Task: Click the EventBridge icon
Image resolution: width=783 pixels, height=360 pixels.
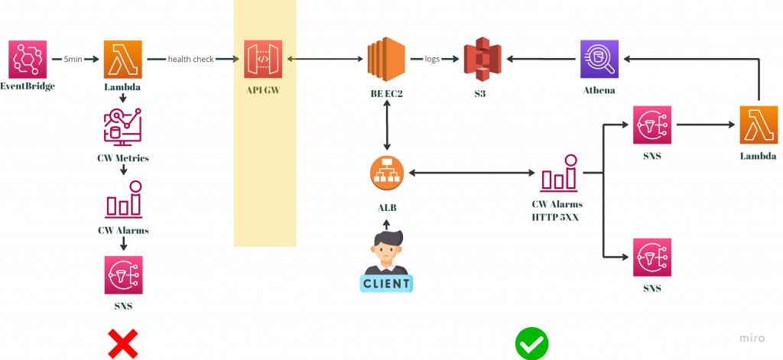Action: pyautogui.click(x=28, y=60)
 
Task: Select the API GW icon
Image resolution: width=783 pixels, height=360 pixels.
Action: pyautogui.click(x=263, y=60)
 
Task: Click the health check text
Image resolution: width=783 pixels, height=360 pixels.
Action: pyautogui.click(x=190, y=60)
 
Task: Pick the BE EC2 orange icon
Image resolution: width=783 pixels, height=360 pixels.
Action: pyautogui.click(x=386, y=60)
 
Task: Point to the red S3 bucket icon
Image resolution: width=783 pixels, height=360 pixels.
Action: pyautogui.click(x=482, y=60)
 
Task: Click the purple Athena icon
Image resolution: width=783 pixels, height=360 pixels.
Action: pyautogui.click(x=599, y=60)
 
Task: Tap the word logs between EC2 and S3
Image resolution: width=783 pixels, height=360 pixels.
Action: pyautogui.click(x=433, y=60)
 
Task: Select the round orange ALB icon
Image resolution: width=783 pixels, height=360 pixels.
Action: pyautogui.click(x=386, y=174)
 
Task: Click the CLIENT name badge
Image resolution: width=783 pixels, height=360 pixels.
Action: pyautogui.click(x=386, y=284)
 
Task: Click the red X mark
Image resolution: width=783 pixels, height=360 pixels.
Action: pyautogui.click(x=123, y=344)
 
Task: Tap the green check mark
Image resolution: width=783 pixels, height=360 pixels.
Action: pyautogui.click(x=532, y=344)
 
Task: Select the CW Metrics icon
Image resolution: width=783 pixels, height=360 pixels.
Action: pyautogui.click(x=123, y=128)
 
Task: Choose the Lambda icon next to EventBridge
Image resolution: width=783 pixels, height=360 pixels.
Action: pyautogui.click(x=123, y=60)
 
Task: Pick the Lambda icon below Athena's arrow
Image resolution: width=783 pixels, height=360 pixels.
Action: pyautogui.click(x=759, y=125)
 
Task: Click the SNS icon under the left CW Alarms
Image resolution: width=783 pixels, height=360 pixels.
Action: pyautogui.click(x=123, y=275)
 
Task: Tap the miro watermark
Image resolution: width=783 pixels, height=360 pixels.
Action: pyautogui.click(x=752, y=338)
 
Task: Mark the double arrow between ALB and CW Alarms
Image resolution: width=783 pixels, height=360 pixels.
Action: pyautogui.click(x=471, y=174)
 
